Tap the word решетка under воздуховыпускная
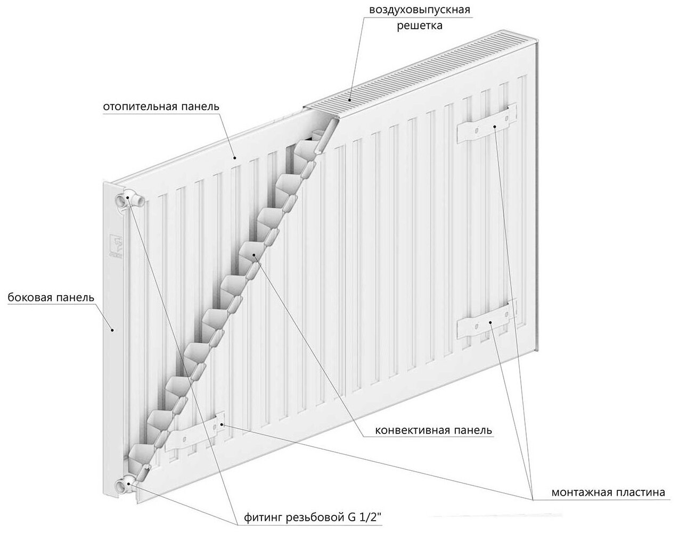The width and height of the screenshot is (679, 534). coord(419,25)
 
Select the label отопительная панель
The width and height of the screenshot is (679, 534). coord(161,106)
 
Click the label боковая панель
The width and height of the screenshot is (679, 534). coord(51,297)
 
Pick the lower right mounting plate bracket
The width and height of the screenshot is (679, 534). coord(486,321)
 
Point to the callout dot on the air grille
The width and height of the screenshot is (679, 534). coord(350,98)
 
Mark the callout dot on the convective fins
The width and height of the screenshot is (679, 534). coord(255,255)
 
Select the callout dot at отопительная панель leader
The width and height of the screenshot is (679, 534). coord(235,158)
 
